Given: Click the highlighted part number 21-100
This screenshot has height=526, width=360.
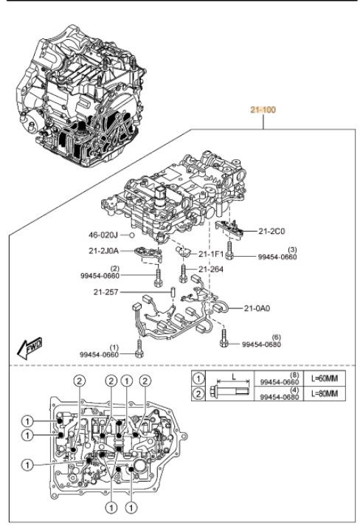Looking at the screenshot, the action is pos(263,110).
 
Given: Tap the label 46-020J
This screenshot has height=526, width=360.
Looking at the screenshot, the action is pos(103,235).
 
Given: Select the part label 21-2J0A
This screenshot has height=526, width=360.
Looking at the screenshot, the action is pos(103,251).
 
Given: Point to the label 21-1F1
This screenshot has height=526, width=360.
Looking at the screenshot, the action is pos(211,254).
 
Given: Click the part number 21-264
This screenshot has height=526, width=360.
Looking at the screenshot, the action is pos(211,269).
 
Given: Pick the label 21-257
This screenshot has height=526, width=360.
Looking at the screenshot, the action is pos(105,292).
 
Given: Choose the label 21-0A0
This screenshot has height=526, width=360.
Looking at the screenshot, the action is pos(257,308).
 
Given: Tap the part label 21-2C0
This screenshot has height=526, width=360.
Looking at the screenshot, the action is pos(271,231).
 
